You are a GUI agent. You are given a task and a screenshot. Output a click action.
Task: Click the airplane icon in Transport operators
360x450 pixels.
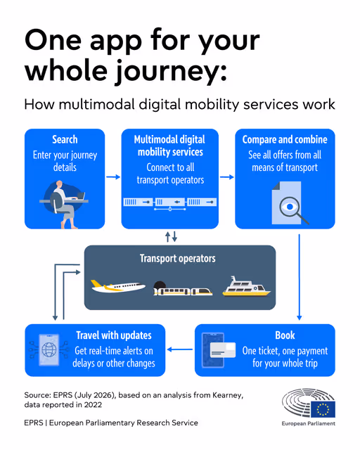coord(118,286)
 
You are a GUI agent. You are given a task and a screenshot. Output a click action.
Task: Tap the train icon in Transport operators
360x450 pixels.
coord(183,289)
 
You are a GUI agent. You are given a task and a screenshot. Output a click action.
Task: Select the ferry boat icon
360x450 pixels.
coord(246,286)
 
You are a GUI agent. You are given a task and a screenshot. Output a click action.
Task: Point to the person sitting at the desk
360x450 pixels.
coord(64,205)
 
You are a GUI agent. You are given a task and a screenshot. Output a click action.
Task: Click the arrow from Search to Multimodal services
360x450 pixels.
coord(113,176)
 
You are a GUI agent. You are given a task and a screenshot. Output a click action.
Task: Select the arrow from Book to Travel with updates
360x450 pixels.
coord(180,349)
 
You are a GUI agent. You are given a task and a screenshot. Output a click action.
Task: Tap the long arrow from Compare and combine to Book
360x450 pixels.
coord(299,277)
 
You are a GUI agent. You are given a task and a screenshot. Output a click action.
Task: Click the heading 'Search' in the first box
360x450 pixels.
coord(65,139)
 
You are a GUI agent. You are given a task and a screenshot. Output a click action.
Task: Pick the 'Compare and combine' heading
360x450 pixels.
coord(285,139)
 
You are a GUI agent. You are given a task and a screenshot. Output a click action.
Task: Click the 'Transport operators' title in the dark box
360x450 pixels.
coord(178,258)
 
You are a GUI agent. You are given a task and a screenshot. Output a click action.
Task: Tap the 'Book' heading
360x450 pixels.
coord(285,335)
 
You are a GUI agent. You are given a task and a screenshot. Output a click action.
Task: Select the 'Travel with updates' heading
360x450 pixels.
coord(114,335)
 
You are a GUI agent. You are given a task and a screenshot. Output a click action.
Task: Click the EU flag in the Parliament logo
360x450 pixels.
coord(323,409)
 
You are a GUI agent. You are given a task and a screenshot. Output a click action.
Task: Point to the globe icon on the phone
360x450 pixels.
coord(49,350)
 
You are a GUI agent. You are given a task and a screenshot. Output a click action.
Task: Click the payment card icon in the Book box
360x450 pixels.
coord(223,350)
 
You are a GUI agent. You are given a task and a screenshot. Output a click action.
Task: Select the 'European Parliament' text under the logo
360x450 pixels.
coord(309,423)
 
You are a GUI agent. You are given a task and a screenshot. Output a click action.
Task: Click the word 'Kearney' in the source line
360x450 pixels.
coord(228,395)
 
